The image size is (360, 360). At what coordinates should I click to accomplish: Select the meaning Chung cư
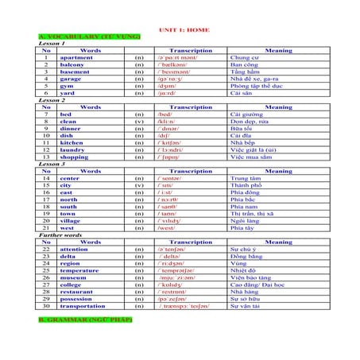pos(245,58)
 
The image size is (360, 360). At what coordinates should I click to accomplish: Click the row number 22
pos(46,250)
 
